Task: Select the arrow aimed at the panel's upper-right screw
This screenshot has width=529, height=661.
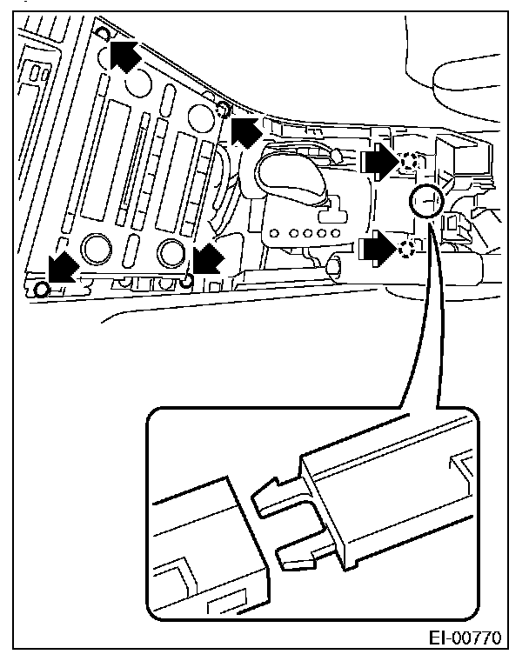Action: (244, 131)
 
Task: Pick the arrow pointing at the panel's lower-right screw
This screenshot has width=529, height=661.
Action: (207, 258)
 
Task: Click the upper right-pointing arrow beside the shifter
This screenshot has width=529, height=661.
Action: (377, 160)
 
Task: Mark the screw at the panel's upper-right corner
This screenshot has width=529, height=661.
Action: (221, 109)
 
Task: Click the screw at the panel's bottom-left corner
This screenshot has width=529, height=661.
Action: (40, 288)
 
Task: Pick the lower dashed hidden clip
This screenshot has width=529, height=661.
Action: (406, 250)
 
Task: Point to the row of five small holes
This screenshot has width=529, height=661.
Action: (305, 233)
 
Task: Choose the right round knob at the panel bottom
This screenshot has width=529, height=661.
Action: (172, 252)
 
